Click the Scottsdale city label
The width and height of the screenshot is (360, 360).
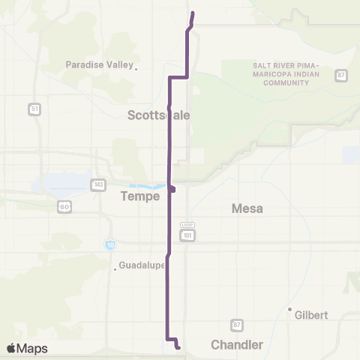[158, 115]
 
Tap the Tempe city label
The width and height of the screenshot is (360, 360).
[140, 196]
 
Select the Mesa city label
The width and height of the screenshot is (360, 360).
[247, 208]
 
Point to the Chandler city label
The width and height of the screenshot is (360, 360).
[236, 345]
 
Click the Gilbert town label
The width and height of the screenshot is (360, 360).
[312, 315]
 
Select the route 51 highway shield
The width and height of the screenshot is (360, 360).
[34, 109]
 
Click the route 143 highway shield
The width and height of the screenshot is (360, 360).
[98, 184]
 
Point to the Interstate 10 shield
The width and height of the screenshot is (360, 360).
[110, 244]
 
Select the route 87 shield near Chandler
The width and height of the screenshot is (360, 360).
[237, 324]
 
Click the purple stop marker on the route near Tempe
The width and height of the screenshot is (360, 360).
[172, 189]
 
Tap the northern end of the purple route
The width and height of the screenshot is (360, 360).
[193, 13]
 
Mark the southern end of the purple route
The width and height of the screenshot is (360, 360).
[178, 347]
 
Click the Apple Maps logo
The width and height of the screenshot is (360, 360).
[27, 348]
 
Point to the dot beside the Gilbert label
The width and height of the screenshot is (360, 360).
[289, 309]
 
